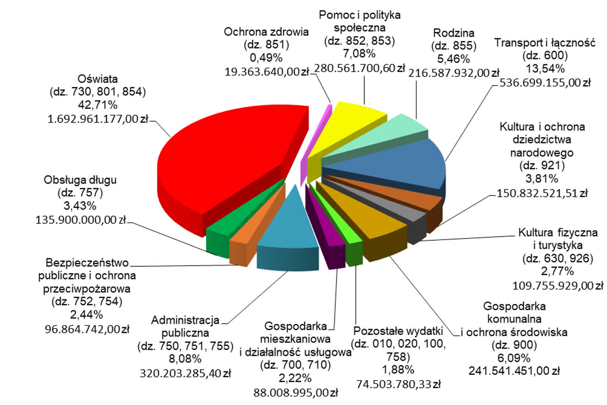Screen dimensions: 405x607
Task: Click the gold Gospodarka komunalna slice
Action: pos(372,221)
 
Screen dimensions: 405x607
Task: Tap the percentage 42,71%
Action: pos(98,105)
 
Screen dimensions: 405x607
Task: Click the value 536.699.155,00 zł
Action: pos(545,83)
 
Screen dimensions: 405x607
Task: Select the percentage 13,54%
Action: pos(545,69)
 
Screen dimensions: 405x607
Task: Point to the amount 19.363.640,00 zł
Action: pos(266,72)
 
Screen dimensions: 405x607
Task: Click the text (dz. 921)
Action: pos(542,165)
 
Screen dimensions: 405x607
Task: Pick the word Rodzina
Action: pos(453,33)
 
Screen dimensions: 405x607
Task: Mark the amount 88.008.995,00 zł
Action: pos(296,392)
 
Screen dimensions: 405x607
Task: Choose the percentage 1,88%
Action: pos(398,370)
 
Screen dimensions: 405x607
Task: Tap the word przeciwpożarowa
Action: pos(87,289)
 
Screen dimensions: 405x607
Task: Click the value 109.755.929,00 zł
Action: pos(558,285)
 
